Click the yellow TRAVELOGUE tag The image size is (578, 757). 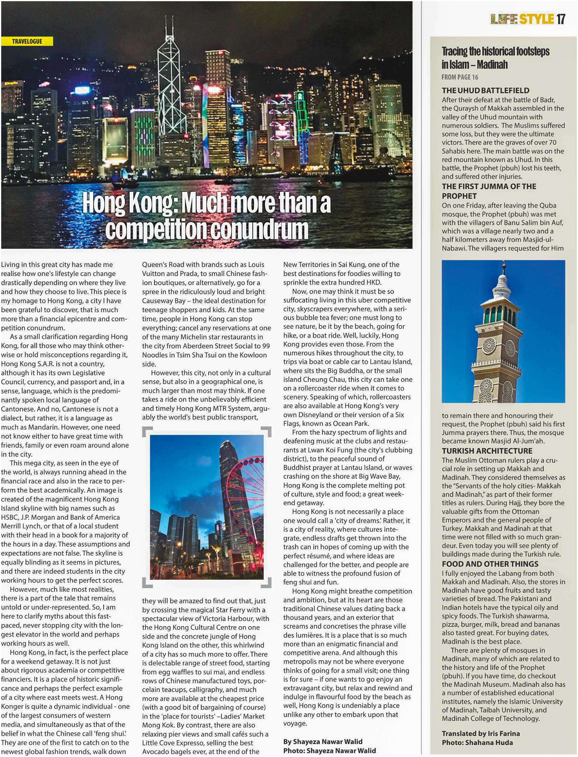27,41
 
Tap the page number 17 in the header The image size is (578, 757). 561,19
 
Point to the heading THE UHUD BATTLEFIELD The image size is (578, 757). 485,91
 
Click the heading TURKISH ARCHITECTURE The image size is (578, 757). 487,451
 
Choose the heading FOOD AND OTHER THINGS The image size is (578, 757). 490,564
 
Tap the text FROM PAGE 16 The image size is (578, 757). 460,77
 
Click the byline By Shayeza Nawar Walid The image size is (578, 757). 323,741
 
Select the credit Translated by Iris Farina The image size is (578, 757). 481,733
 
